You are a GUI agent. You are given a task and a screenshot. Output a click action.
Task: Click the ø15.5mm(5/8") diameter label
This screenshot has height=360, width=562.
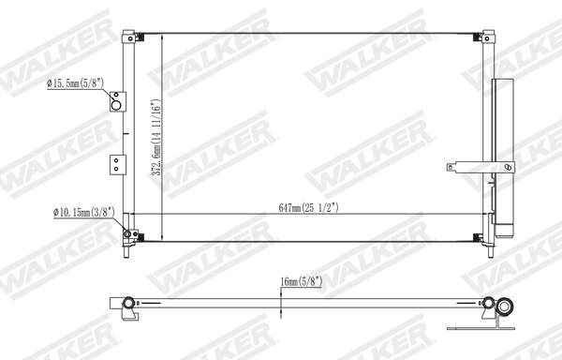pyautogui.click(x=75, y=84)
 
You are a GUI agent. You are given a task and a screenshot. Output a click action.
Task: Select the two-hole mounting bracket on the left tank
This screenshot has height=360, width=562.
pyautogui.click(x=115, y=164)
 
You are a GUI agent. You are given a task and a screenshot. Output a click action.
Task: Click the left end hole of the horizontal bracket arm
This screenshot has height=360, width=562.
pyautogui.click(x=451, y=169)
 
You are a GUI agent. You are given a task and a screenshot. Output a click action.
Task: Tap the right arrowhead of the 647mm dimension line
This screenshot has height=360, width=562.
pyautogui.click(x=484, y=217)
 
